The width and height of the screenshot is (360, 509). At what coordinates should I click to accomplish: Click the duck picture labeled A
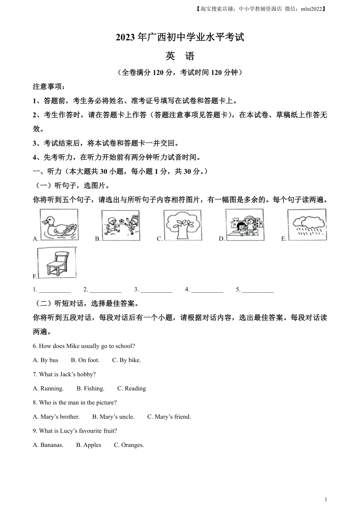[59, 225]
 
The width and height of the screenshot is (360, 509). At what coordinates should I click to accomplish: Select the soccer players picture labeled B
[121, 225]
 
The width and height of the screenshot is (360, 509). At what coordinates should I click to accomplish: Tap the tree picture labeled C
[182, 225]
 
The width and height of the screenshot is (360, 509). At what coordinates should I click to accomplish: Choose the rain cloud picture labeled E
[307, 225]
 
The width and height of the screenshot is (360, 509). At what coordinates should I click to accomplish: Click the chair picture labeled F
[56, 263]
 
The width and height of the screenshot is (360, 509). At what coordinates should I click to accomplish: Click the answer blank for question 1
[55, 290]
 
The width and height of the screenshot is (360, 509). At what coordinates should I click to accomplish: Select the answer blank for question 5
[258, 290]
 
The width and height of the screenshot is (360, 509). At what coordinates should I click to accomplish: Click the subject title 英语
[180, 56]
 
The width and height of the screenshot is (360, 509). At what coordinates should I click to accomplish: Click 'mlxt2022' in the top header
[311, 9]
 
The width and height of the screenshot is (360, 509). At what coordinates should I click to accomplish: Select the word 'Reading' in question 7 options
[135, 389]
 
